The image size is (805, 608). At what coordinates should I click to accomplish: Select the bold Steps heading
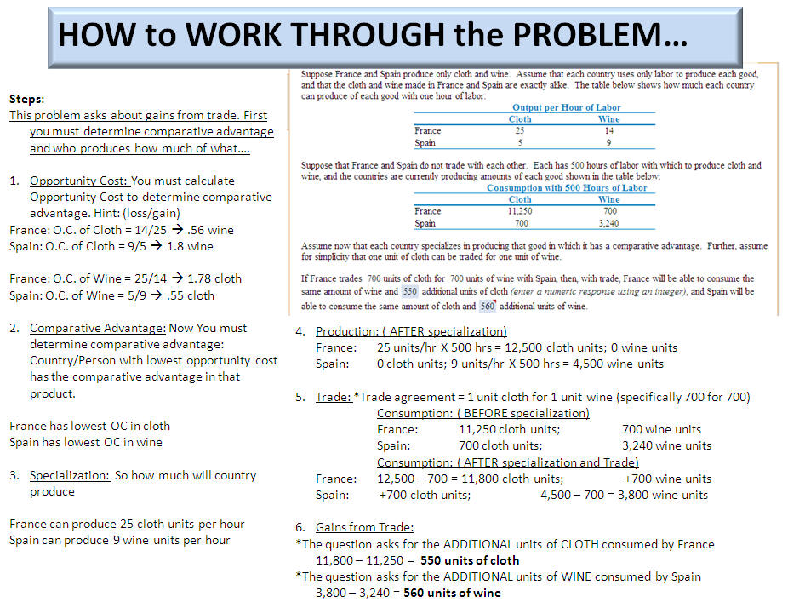[x=26, y=100]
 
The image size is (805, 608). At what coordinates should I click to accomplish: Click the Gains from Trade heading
[x=364, y=528]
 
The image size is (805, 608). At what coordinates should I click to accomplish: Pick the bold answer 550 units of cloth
[x=471, y=560]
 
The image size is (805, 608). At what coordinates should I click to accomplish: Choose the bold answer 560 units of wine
[x=452, y=593]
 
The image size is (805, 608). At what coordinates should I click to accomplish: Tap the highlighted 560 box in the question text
[x=487, y=306]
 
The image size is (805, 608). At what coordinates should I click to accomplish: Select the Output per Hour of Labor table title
[x=566, y=107]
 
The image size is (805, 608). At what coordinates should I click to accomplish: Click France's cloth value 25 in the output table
[x=520, y=131]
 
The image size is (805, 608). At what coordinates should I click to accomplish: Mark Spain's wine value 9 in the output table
[x=608, y=142]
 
